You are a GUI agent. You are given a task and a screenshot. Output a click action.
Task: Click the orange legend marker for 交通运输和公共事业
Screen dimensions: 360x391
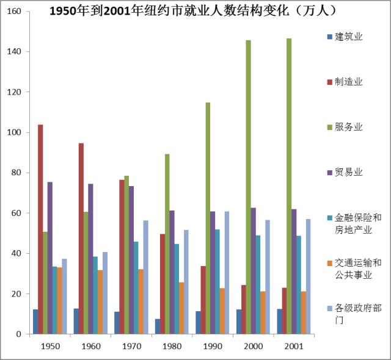click(330, 263)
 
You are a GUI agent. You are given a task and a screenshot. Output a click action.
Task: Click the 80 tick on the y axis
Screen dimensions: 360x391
click(17, 173)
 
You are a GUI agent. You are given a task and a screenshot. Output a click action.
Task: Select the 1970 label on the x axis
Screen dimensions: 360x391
click(132, 346)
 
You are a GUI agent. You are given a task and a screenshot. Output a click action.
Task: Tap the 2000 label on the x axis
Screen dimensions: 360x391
click(254, 346)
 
